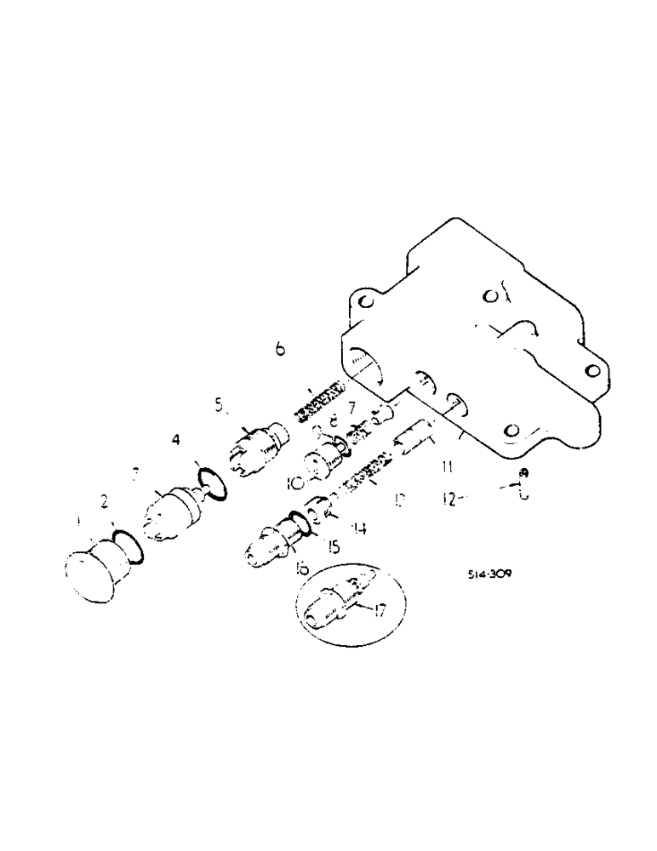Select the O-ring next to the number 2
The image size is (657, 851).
pyautogui.click(x=126, y=546)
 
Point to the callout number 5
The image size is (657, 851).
pyautogui.click(x=220, y=407)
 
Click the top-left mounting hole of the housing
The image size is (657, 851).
pyautogui.click(x=364, y=301)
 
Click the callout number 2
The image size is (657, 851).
pyautogui.click(x=105, y=503)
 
